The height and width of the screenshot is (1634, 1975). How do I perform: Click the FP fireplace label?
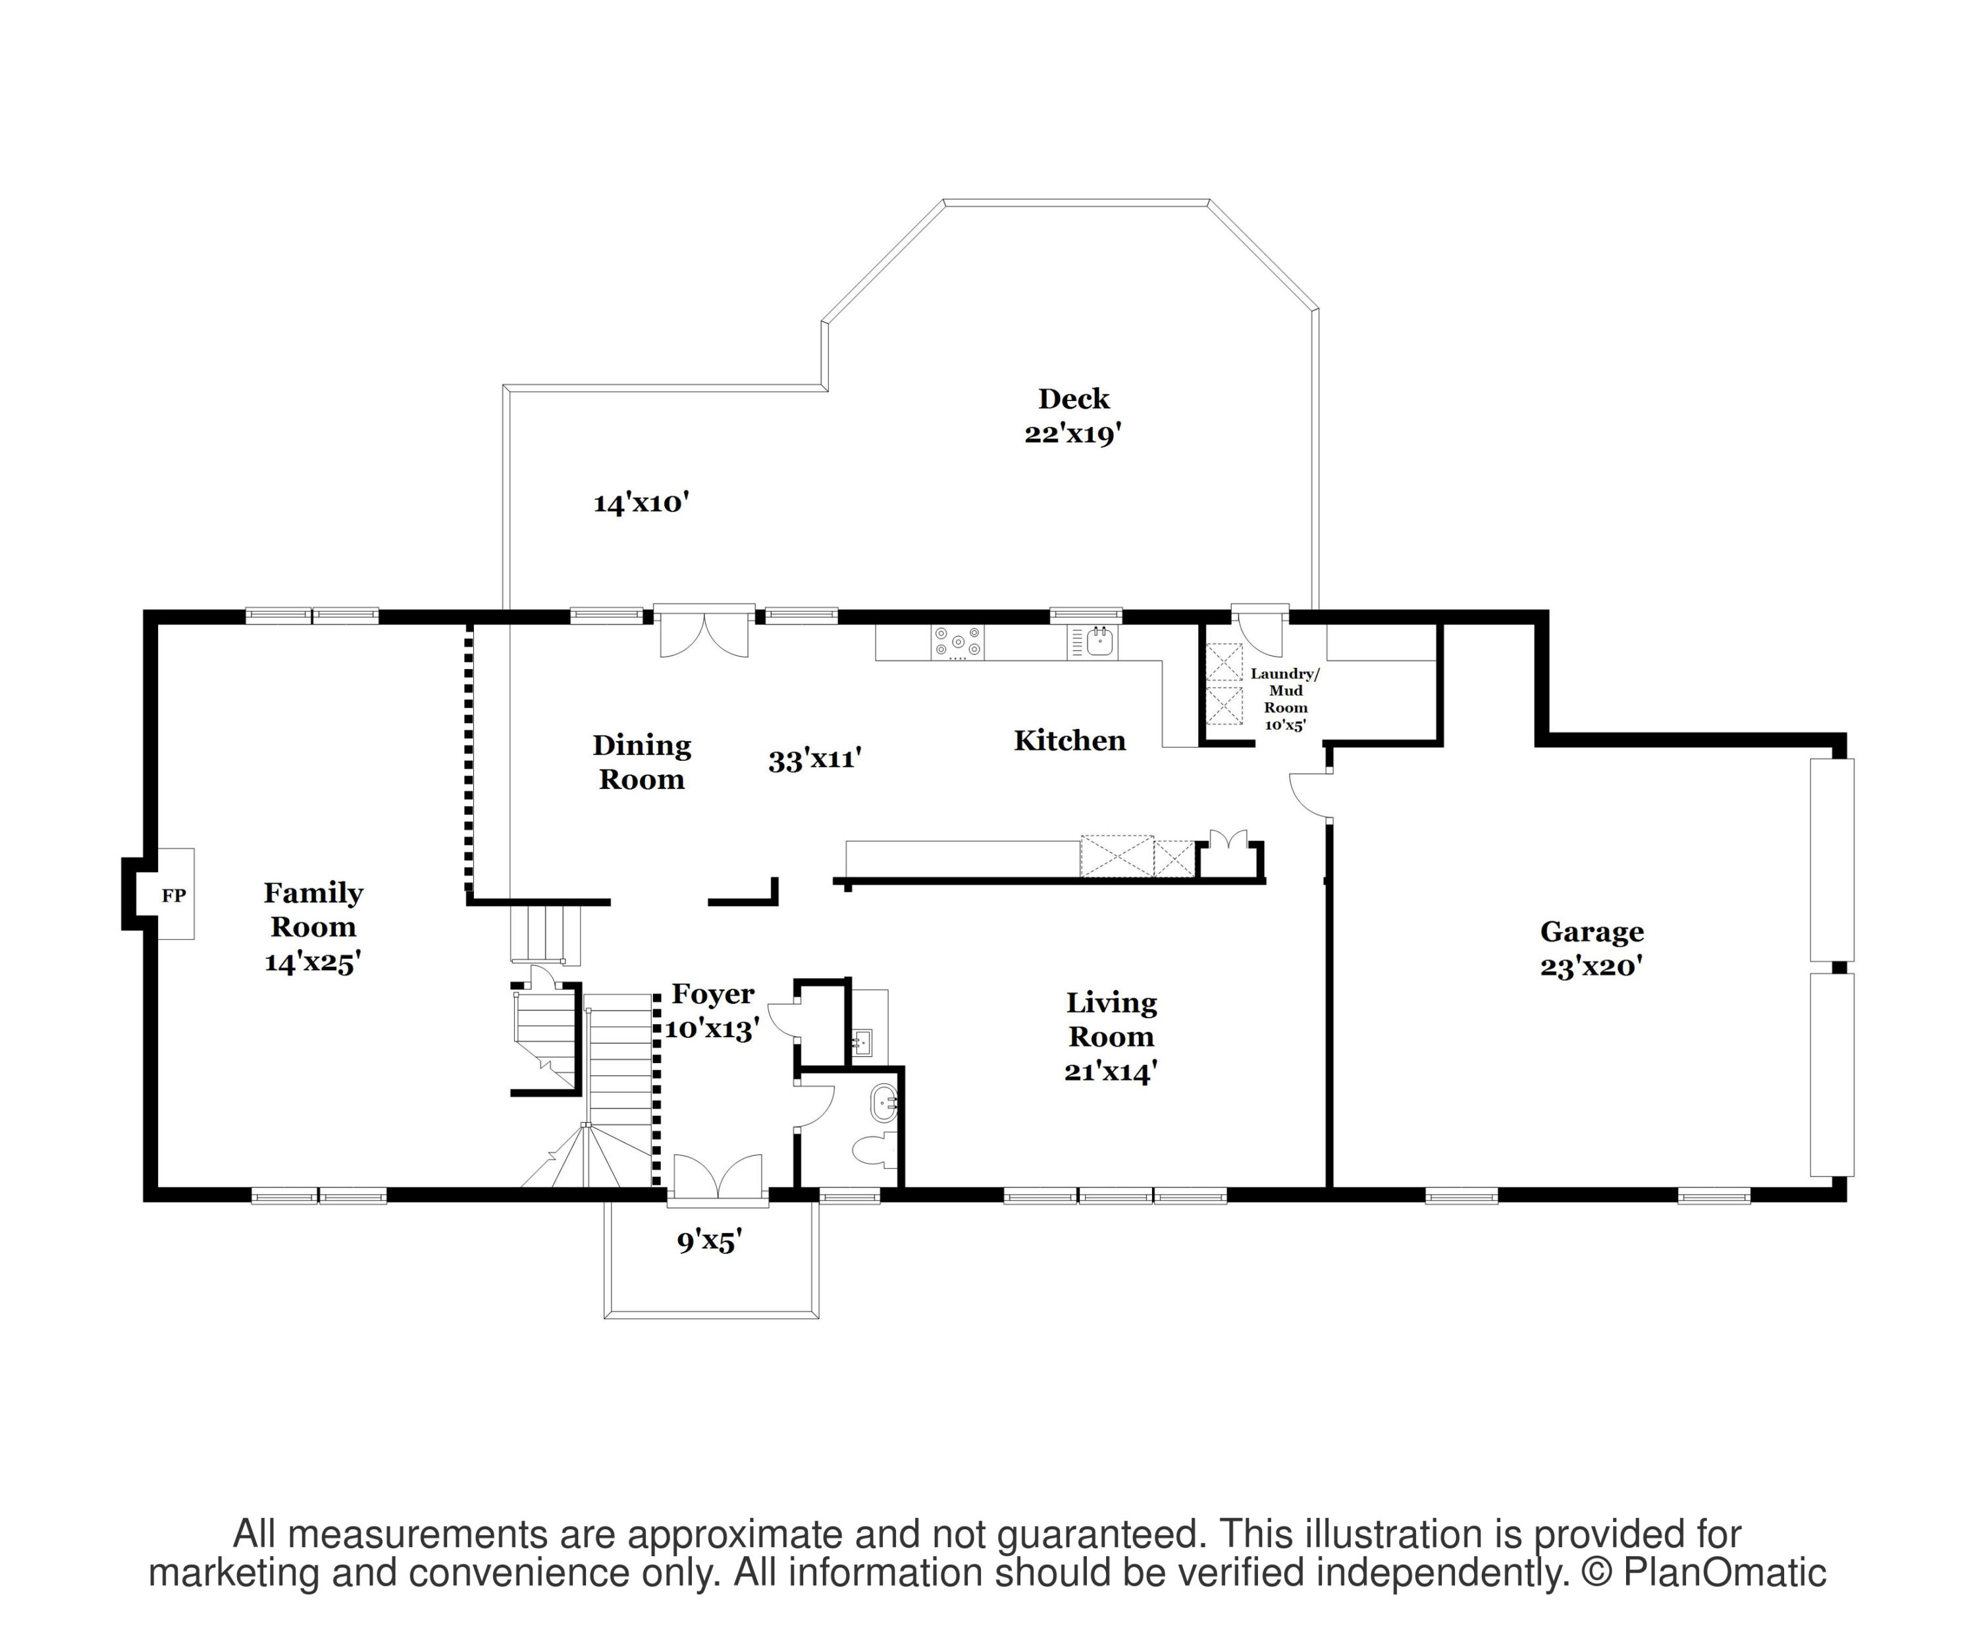click(173, 896)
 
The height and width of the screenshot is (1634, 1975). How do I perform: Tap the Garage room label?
click(1591, 931)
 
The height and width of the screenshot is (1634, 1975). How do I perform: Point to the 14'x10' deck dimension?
click(641, 503)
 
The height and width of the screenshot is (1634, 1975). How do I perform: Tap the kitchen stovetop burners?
click(957, 643)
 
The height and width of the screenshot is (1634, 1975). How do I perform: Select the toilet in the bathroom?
click(876, 1149)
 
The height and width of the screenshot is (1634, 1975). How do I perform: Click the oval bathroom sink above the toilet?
click(885, 1103)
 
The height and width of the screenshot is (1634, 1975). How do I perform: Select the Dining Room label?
click(641, 762)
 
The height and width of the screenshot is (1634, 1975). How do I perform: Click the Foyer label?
click(713, 993)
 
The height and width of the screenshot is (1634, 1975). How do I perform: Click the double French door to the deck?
click(704, 630)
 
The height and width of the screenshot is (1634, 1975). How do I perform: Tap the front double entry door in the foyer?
click(718, 1179)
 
